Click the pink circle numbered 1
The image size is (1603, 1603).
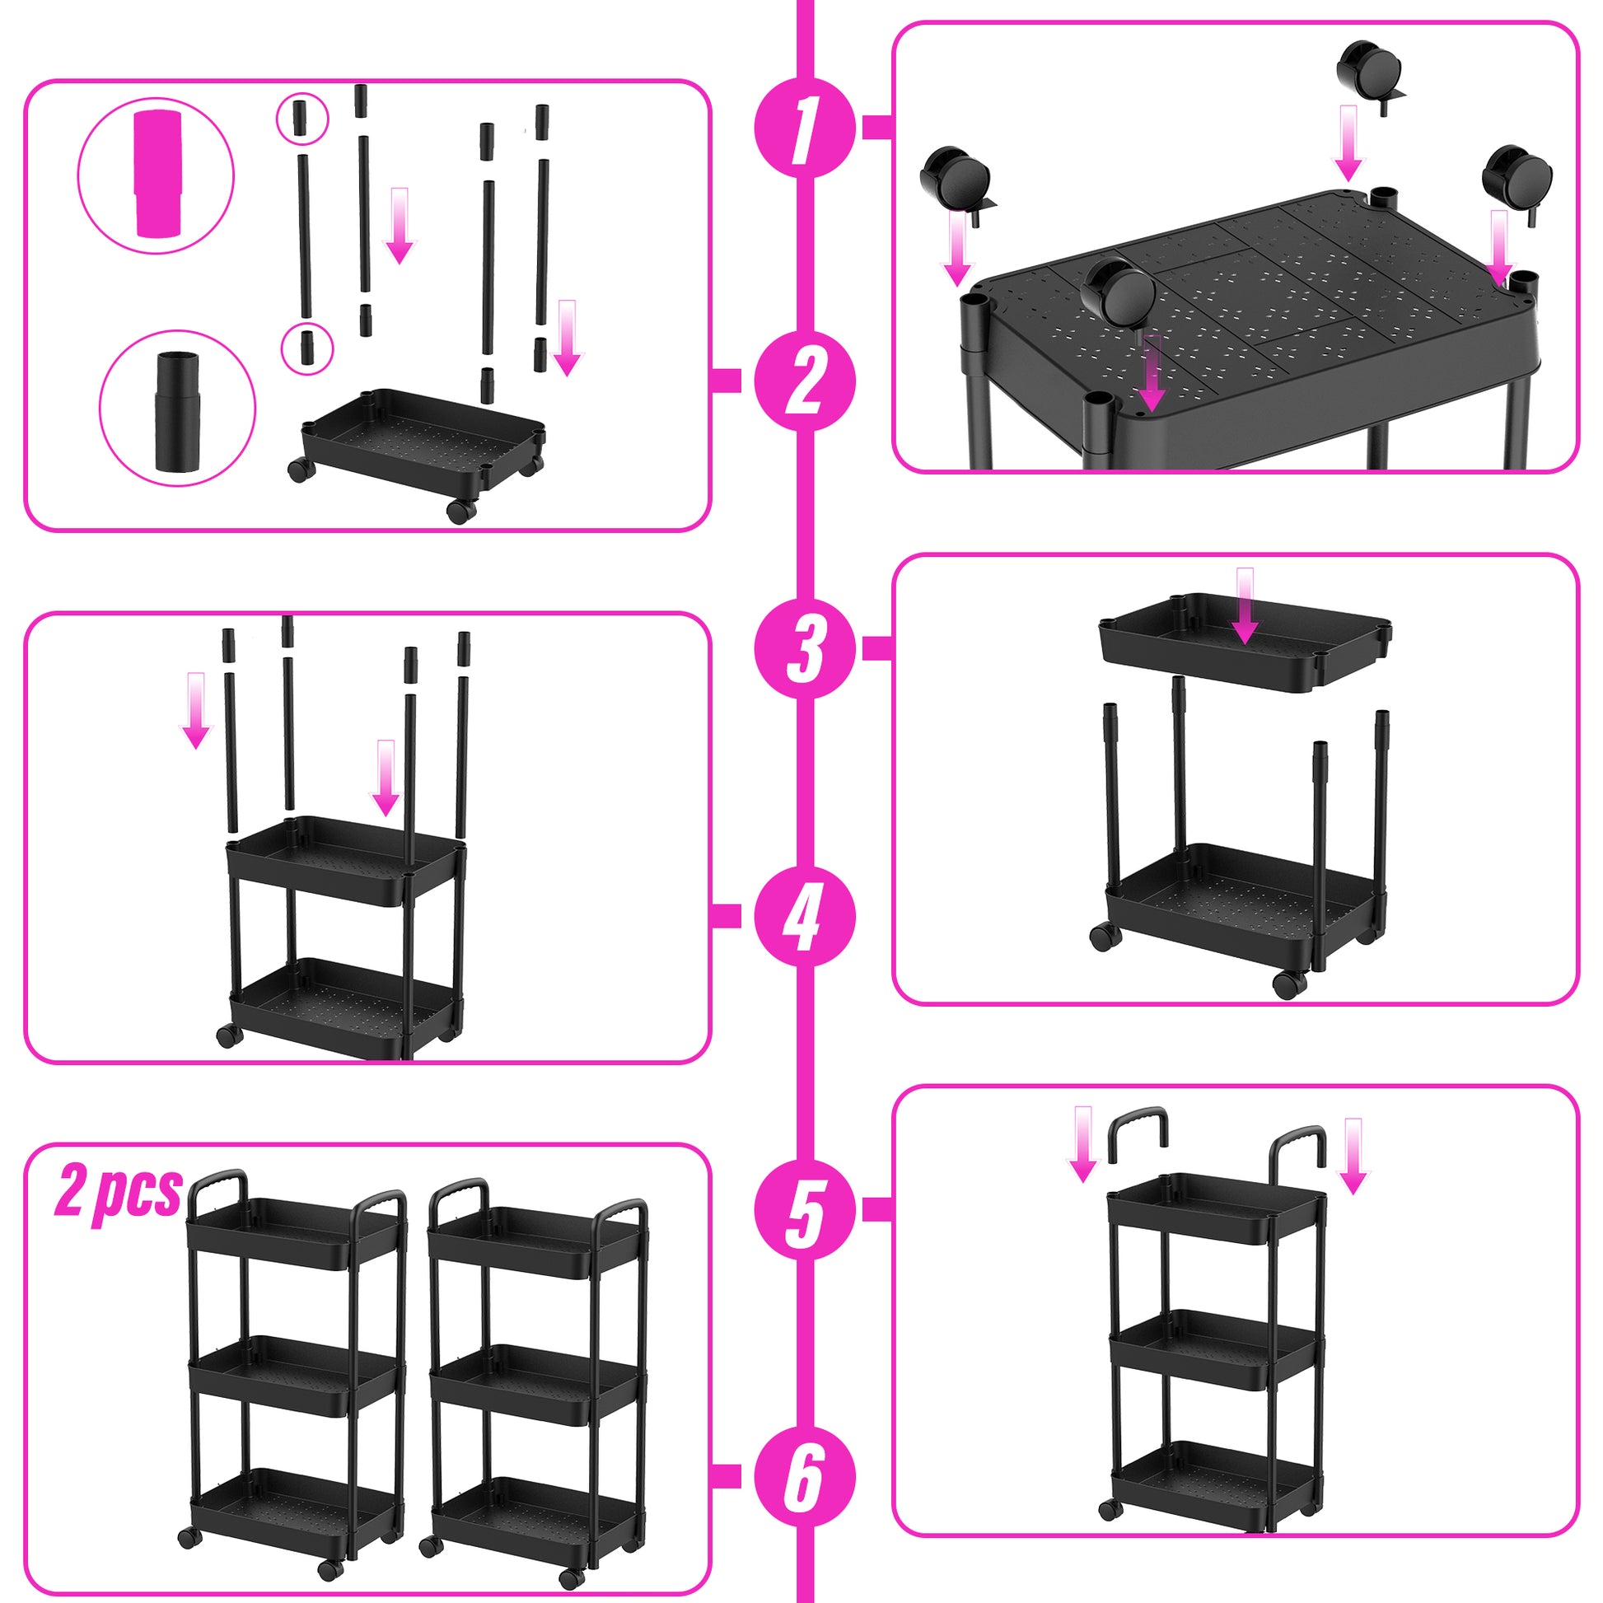804,127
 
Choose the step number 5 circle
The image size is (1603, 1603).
804,1210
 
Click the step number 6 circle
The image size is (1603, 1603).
804,1476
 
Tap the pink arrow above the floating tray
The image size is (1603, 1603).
1244,605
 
